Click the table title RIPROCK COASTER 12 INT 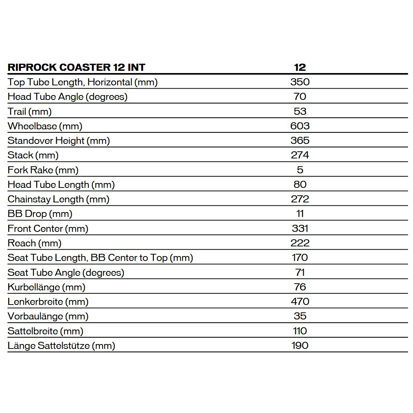coord(76,67)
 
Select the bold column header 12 coord(300,67)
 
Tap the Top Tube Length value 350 coord(300,82)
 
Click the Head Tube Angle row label coord(67,97)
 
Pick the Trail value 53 coord(300,111)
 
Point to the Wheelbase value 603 coord(300,126)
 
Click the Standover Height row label coord(59,141)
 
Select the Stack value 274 coord(300,155)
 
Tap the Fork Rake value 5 coord(300,170)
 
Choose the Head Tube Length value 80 coord(300,185)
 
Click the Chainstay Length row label coord(59,199)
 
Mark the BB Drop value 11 coord(300,214)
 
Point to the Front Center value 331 coord(300,228)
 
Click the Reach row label coord(34,243)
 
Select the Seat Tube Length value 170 coord(300,258)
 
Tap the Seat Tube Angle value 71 coord(300,272)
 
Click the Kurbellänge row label coord(46,287)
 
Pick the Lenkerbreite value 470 coord(300,302)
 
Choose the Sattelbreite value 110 coord(300,331)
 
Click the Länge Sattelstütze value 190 coord(300,346)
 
